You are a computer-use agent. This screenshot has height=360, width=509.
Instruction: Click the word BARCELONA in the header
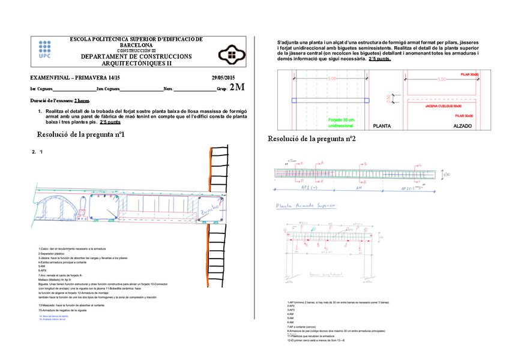[136, 45]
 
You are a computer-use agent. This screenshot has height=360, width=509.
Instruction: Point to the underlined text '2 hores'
[82, 100]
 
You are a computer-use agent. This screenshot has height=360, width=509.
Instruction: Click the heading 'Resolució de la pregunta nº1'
[80, 134]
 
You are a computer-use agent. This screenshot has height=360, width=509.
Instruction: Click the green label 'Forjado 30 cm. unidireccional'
[341, 123]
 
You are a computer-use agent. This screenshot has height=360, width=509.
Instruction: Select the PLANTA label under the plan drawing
[382, 127]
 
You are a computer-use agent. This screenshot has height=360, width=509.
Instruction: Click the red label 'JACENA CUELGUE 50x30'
[443, 106]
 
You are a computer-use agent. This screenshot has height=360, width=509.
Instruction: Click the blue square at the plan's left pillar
[294, 100]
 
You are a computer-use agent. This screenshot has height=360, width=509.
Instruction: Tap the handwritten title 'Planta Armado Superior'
[306, 205]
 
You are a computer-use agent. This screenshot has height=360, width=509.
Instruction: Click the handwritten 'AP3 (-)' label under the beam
[409, 188]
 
